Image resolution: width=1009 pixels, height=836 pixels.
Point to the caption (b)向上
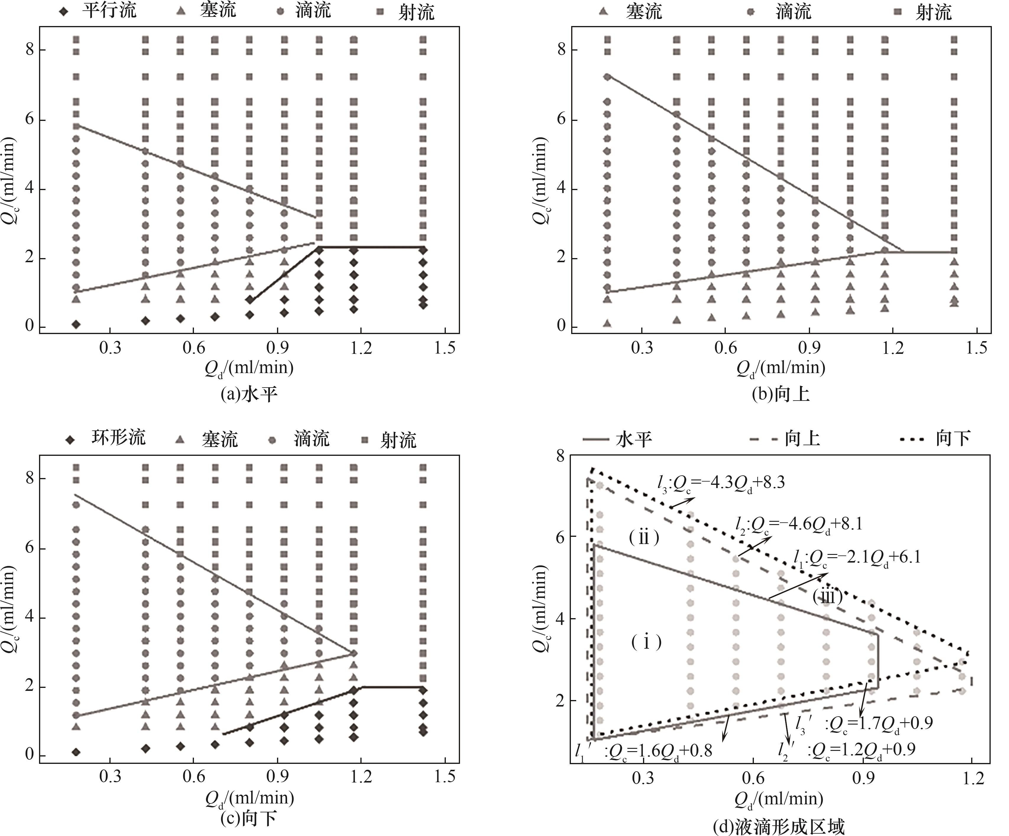781,394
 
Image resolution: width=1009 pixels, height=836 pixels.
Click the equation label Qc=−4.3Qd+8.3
721,482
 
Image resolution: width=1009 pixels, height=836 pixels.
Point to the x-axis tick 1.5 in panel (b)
976,347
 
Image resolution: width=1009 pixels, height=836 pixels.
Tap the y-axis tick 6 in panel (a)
30,119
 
